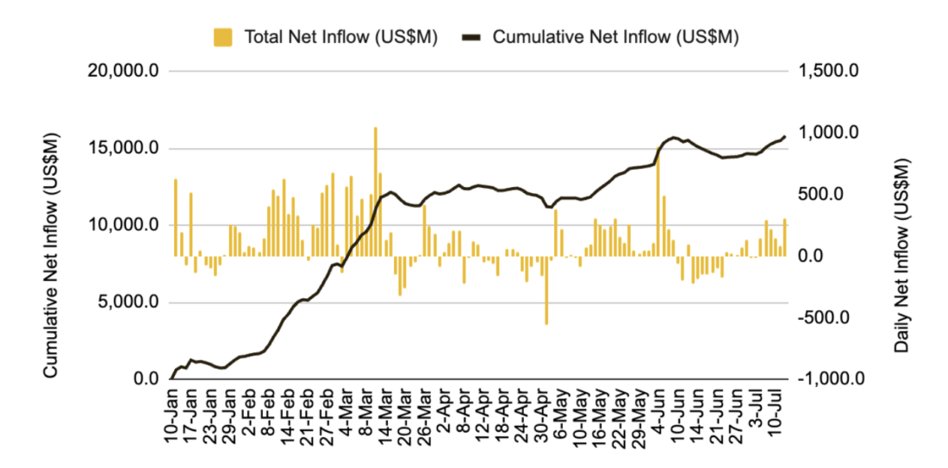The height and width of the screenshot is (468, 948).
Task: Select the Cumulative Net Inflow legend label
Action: tap(615, 37)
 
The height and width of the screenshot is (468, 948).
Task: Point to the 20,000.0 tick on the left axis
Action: tap(124, 71)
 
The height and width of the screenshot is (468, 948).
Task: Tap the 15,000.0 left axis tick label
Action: tap(124, 148)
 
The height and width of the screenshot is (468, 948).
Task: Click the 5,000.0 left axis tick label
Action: tap(128, 303)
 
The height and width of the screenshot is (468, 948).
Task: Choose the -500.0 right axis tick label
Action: tap(827, 318)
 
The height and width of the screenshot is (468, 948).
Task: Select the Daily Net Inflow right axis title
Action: tap(901, 254)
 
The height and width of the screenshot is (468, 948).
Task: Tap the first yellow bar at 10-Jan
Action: tap(176, 217)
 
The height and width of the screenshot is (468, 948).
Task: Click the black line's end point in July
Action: tap(785, 136)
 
